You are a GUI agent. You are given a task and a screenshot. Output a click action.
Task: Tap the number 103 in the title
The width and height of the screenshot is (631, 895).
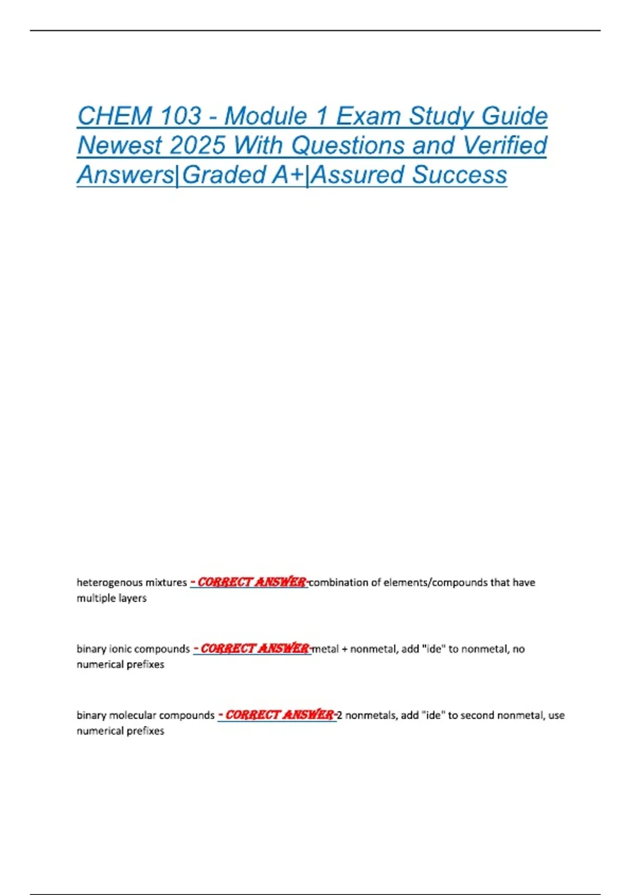pos(181,116)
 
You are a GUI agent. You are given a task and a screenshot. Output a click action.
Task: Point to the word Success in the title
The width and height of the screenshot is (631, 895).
pos(460,175)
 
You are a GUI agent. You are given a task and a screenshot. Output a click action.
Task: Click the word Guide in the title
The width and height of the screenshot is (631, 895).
pos(515,116)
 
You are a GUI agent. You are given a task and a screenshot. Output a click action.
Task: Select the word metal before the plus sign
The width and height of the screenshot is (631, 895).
pos(325,649)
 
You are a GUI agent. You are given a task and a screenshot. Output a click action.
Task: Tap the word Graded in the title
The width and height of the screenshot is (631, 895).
pos(225,175)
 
